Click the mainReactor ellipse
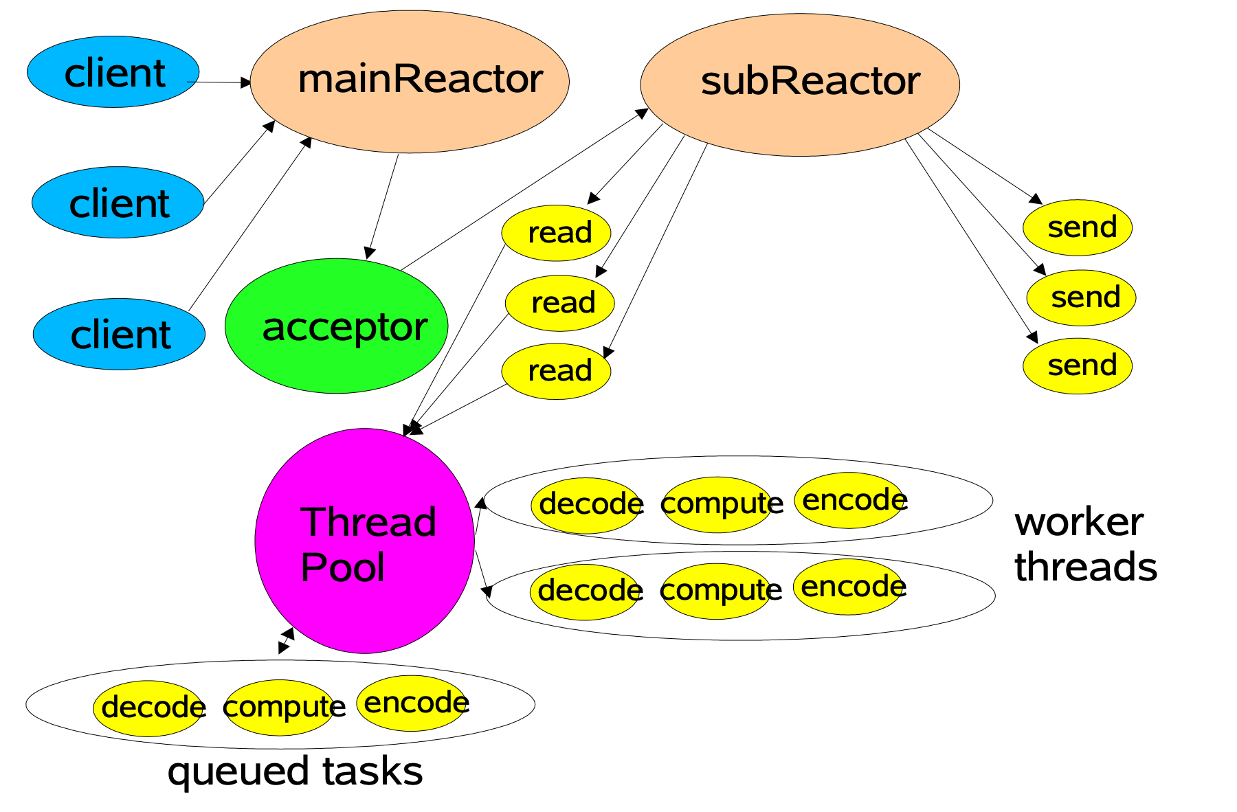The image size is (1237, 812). coord(410,82)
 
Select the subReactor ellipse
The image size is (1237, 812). coord(799,84)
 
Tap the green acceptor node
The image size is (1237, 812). coord(336,326)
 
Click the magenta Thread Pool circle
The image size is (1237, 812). coord(364,541)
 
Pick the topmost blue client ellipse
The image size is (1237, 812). coord(113,72)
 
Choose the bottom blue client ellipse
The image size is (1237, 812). coord(119,334)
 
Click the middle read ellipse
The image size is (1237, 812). coord(559,303)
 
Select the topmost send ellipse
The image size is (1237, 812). coord(1077,227)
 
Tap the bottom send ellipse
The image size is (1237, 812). coord(1077,365)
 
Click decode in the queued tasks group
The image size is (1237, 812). coord(148,708)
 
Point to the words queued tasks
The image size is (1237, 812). coord(295,771)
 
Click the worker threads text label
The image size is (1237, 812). coord(1084,544)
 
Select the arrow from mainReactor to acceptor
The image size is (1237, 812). coord(383,206)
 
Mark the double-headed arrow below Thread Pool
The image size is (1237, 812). coord(286,640)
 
